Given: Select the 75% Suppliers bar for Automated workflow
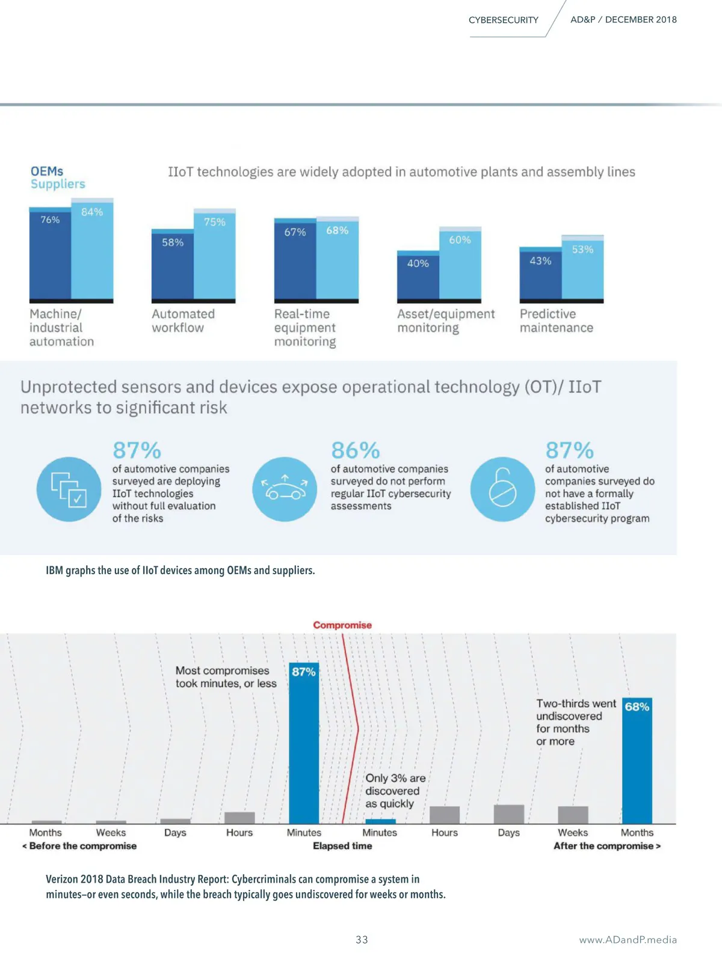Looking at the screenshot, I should (215, 255).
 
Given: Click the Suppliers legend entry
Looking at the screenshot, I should (58, 184).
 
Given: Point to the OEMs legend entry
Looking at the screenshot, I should (47, 171).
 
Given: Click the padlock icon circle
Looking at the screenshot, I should (502, 489).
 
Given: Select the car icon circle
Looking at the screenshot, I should (285, 489).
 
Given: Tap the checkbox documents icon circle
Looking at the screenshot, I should (69, 489).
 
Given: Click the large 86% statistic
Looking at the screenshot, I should (356, 450).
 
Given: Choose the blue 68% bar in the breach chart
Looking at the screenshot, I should (637, 761).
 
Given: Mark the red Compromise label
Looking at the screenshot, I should (342, 625).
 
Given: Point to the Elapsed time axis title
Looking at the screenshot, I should (342, 846).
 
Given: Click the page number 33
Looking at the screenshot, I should (362, 940).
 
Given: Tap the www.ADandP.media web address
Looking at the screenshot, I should (628, 940).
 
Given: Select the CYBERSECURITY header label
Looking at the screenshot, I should (504, 20).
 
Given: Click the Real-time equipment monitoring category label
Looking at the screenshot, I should (305, 328).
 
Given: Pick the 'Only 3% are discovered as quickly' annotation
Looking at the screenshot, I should (395, 791).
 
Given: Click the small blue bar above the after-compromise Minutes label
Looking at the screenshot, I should (380, 821).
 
